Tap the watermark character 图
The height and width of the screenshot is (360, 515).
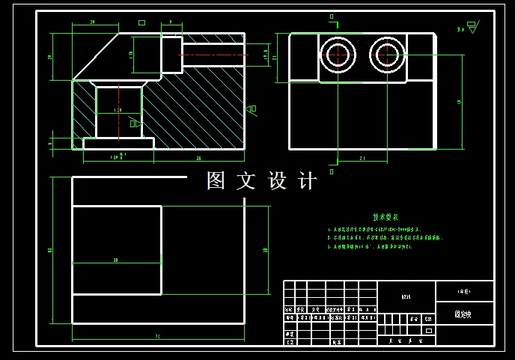click(x=216, y=181)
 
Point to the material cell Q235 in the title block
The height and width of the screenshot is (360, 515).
click(x=406, y=296)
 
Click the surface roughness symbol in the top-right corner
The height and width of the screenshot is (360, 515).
click(x=471, y=28)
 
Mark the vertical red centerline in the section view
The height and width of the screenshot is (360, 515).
click(x=119, y=112)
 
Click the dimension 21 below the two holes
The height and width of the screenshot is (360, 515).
click(x=362, y=159)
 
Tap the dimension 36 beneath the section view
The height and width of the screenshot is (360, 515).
click(x=198, y=159)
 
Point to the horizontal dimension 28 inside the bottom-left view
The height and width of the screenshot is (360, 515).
click(x=116, y=260)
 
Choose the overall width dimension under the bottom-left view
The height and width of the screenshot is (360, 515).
click(x=158, y=337)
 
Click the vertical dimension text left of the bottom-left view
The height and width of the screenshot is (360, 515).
click(x=49, y=250)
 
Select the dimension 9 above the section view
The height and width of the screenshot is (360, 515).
click(x=171, y=22)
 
